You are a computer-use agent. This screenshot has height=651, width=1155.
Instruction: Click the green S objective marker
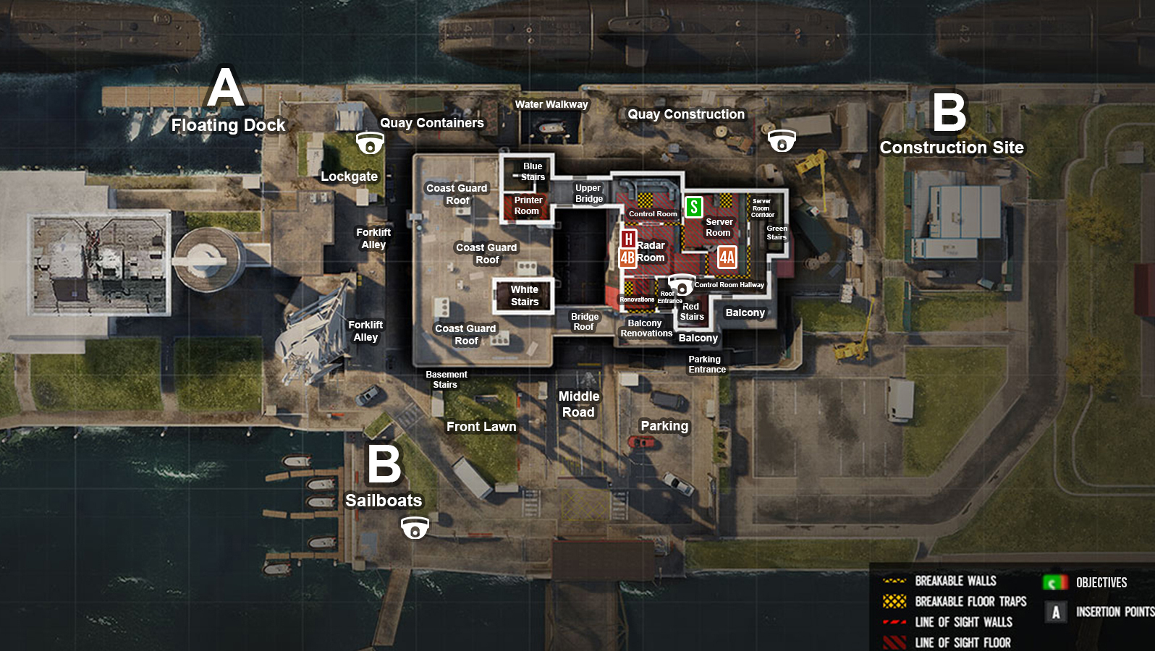(693, 208)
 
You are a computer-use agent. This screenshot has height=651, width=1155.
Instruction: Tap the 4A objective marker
(727, 258)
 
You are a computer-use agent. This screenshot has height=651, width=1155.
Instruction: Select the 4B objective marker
(627, 258)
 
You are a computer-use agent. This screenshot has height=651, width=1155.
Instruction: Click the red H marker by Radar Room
(628, 239)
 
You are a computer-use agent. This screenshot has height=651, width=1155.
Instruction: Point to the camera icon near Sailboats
(415, 528)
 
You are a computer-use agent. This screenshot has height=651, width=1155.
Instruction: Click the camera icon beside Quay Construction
(782, 140)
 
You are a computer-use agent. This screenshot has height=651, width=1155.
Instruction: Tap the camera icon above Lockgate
(370, 142)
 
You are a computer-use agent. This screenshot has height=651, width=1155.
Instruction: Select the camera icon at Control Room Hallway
(681, 285)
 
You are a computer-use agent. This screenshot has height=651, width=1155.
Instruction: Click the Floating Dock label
(228, 125)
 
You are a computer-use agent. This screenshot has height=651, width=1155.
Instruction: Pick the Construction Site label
(952, 148)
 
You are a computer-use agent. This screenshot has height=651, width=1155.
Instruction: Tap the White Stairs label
(525, 296)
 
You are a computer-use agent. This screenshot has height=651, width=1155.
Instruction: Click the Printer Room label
(528, 205)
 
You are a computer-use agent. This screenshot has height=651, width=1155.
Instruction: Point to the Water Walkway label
(551, 104)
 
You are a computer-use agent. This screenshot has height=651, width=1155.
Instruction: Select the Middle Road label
(579, 404)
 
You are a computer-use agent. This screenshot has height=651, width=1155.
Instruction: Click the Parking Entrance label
(706, 364)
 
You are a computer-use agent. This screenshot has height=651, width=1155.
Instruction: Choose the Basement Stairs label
(446, 379)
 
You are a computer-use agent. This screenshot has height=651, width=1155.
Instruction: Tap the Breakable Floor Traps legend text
(970, 602)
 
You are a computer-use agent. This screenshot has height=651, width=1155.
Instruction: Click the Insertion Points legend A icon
(1056, 613)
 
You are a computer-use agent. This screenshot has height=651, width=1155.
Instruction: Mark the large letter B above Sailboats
(384, 464)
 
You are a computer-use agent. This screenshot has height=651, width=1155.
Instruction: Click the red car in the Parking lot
(641, 442)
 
